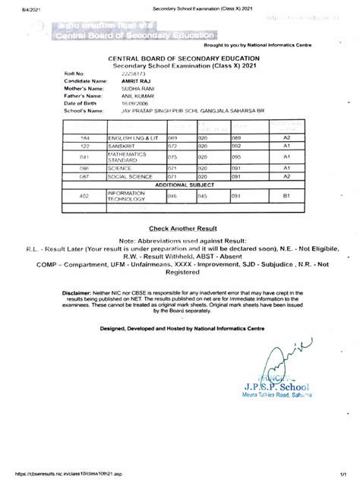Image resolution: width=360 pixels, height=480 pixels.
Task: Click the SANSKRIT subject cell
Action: click(123, 144)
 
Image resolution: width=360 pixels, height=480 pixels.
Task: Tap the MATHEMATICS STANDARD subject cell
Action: click(125, 157)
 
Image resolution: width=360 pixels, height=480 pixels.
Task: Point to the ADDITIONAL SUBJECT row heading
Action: click(180, 185)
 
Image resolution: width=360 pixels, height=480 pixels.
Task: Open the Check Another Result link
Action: click(180, 227)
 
